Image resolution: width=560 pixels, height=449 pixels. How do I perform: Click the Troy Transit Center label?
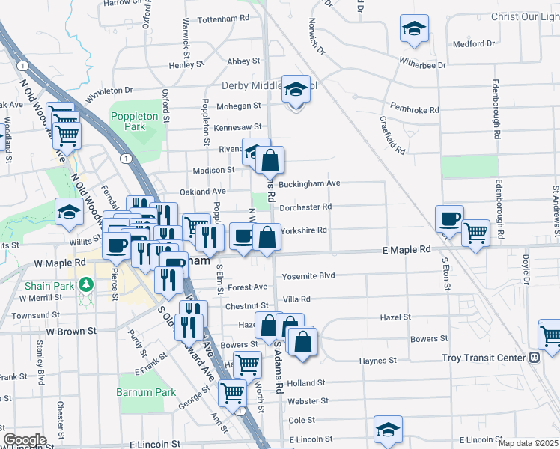(484, 358)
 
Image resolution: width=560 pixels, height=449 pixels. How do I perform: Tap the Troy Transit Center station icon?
(533, 358)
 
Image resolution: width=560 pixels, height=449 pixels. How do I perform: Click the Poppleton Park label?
(134, 122)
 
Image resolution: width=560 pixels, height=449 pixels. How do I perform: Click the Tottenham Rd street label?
(222, 18)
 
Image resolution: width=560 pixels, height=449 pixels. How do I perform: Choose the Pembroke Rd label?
(413, 110)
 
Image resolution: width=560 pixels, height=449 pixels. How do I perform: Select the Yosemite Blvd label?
(308, 276)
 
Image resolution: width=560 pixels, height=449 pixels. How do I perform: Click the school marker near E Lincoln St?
(388, 430)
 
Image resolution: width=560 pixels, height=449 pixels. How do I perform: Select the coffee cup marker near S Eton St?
(449, 219)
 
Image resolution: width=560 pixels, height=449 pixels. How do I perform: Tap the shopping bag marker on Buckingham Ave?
(270, 160)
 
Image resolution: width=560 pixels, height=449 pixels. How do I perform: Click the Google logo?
(25, 440)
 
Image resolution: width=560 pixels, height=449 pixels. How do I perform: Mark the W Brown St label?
(72, 330)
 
